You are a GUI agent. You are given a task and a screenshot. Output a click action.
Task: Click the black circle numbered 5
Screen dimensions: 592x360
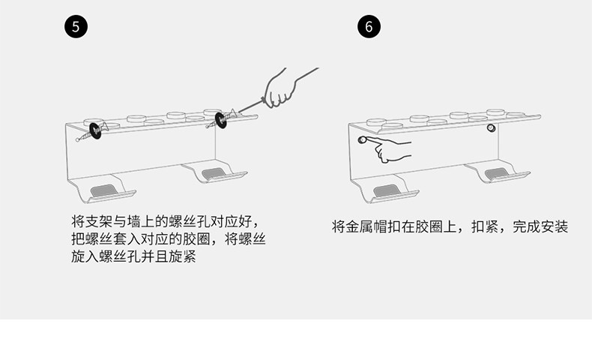point(76,26)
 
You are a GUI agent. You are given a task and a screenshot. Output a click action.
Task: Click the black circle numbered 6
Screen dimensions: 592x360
point(368,26)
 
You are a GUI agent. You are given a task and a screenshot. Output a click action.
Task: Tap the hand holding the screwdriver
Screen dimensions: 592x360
point(281,87)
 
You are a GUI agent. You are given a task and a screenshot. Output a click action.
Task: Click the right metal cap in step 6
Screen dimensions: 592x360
point(492,129)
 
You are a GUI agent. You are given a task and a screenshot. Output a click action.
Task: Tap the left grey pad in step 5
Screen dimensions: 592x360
point(103,188)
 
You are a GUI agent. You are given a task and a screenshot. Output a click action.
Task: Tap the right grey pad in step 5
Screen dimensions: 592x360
point(217,173)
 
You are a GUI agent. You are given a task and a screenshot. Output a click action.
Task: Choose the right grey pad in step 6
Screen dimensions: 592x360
point(498,174)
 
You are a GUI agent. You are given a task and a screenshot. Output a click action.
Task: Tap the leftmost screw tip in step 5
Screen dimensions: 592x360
point(78,139)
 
